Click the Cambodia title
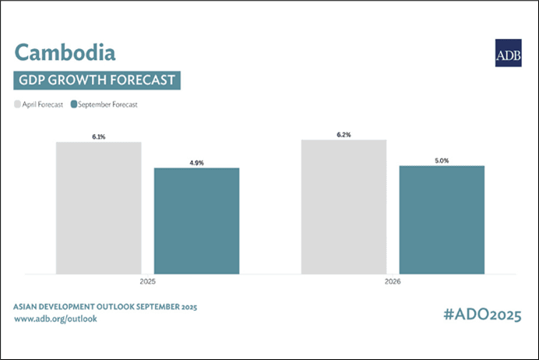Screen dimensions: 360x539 tap(65, 52)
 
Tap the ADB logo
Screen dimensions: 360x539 tap(508, 53)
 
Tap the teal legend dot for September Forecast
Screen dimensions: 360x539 tap(73, 104)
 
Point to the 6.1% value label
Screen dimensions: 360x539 tap(98, 136)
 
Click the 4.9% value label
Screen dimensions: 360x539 tap(196, 162)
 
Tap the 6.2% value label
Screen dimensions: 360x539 tap(343, 134)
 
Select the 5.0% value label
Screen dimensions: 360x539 tap(442, 160)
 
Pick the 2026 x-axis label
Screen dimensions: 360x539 tap(393, 282)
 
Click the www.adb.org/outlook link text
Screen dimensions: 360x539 tap(55, 319)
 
